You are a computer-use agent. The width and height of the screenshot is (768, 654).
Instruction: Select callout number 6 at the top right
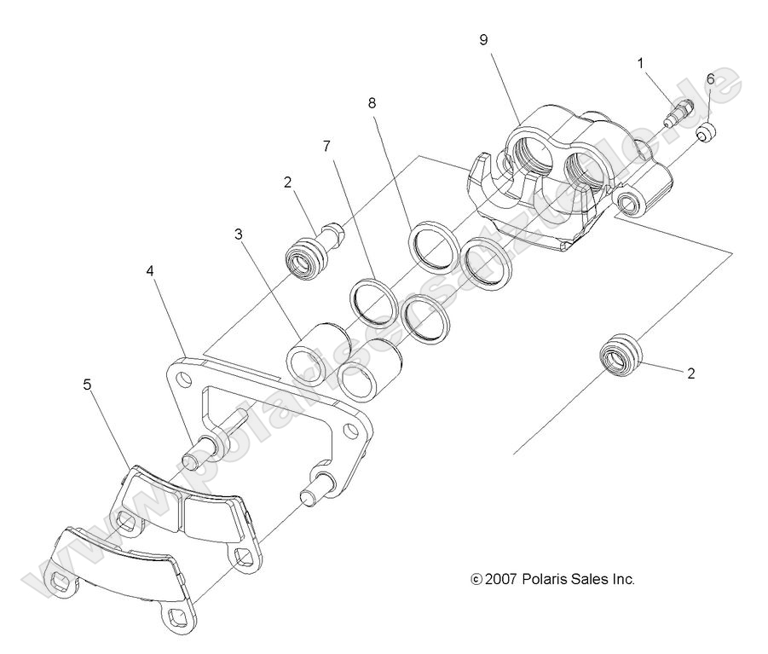point(709,79)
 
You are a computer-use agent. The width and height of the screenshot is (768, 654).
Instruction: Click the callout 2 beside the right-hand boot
point(690,373)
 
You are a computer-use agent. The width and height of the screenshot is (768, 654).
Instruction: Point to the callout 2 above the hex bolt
point(287,181)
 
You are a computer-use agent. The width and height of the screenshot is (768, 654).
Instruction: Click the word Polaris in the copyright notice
point(547,579)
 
